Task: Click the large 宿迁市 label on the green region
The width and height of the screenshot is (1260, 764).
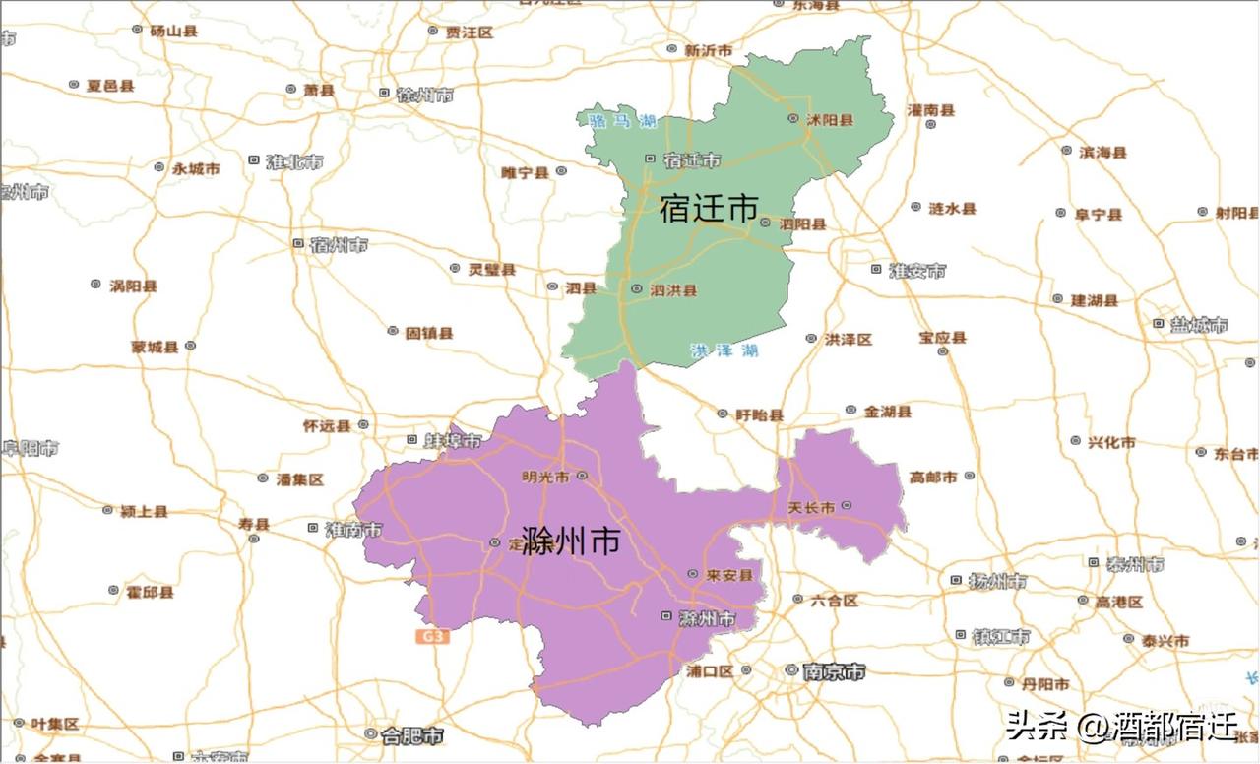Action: pyautogui.click(x=709, y=209)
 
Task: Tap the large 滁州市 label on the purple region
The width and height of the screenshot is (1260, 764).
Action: pyautogui.click(x=571, y=541)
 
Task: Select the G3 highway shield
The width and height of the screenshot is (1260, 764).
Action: pyautogui.click(x=431, y=637)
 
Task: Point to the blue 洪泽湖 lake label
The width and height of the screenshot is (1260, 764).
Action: pyautogui.click(x=724, y=350)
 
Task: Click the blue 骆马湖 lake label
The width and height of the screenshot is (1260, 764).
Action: pyautogui.click(x=622, y=121)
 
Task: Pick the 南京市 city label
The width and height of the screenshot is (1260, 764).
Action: pyautogui.click(x=834, y=671)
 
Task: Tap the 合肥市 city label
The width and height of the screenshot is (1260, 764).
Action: pyautogui.click(x=411, y=734)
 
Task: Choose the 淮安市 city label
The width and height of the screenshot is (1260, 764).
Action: pyautogui.click(x=917, y=270)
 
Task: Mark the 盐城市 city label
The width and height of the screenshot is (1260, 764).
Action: pyautogui.click(x=1198, y=324)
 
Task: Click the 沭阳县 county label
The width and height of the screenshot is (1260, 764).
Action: pyautogui.click(x=830, y=119)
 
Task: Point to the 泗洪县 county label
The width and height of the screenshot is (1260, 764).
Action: pyautogui.click(x=673, y=289)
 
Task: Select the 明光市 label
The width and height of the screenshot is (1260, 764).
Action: pyautogui.click(x=546, y=477)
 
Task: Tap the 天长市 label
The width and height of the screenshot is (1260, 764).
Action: pyautogui.click(x=812, y=507)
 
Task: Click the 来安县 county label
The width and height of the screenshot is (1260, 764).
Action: pyautogui.click(x=729, y=575)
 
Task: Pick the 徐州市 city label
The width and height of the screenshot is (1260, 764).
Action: pyautogui.click(x=424, y=95)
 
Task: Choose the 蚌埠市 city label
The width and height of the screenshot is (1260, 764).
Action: pyautogui.click(x=453, y=440)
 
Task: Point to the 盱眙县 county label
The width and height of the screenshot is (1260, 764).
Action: pyautogui.click(x=760, y=414)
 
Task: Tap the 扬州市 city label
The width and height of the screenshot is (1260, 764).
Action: pyautogui.click(x=997, y=581)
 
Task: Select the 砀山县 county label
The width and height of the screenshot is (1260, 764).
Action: pyautogui.click(x=173, y=31)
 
